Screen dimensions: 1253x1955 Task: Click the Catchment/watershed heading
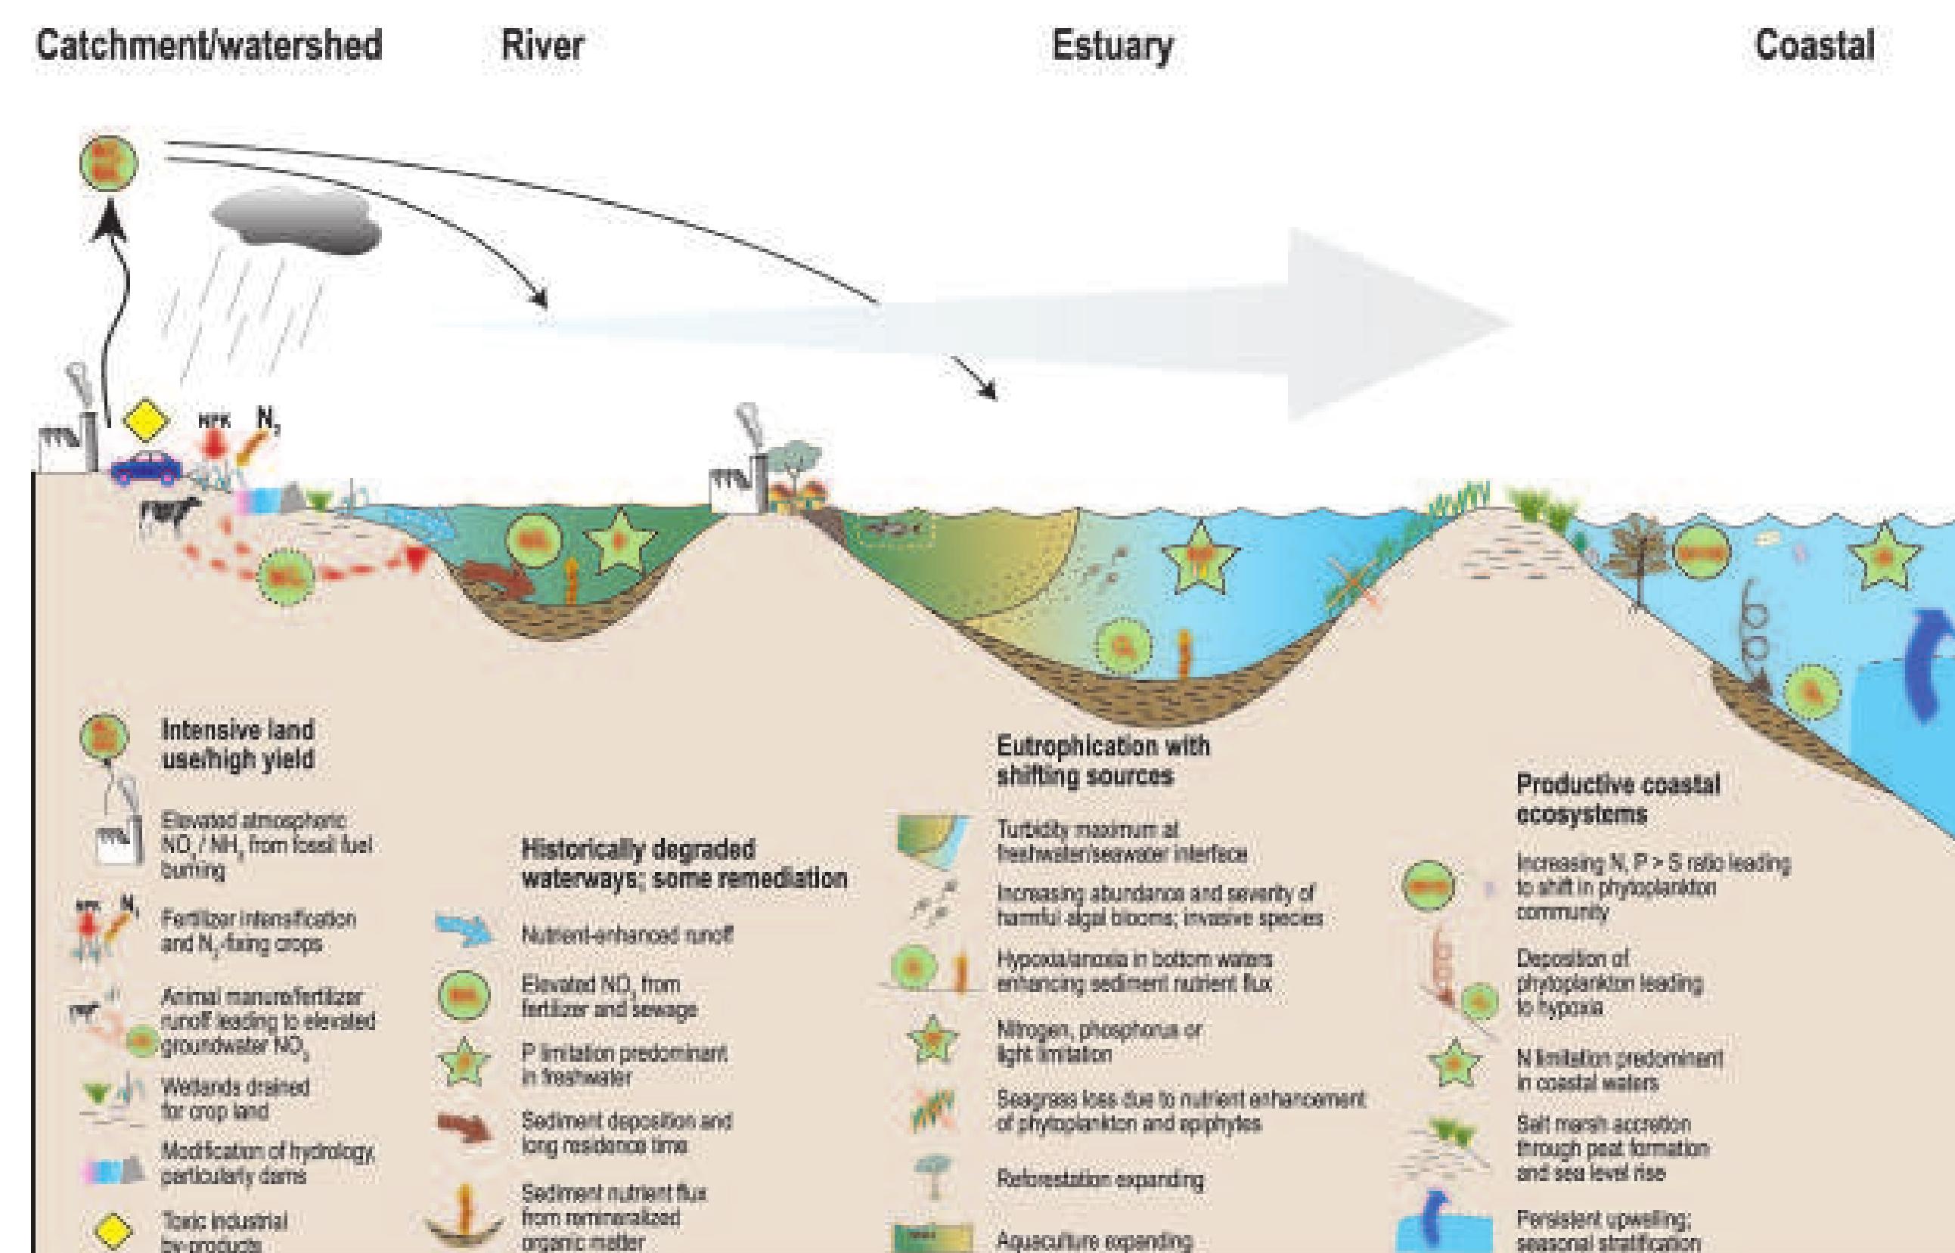pos(209,45)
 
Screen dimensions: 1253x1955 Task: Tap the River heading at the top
pos(543,45)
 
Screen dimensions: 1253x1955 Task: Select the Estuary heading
pos(1112,46)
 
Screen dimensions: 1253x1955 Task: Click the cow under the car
pos(169,513)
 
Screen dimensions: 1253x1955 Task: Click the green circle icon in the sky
pos(109,163)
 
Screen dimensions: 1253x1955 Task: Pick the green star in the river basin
pos(620,539)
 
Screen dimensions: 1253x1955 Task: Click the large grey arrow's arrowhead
pos(1399,324)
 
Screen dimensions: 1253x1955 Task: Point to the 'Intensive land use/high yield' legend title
pos(237,745)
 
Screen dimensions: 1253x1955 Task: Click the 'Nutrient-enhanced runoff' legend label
pos(627,935)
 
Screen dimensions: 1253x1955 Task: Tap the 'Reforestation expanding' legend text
pos(1100,1179)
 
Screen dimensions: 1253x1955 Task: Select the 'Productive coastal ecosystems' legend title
pos(1618,799)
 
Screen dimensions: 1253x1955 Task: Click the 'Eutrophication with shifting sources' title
pos(1103,760)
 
